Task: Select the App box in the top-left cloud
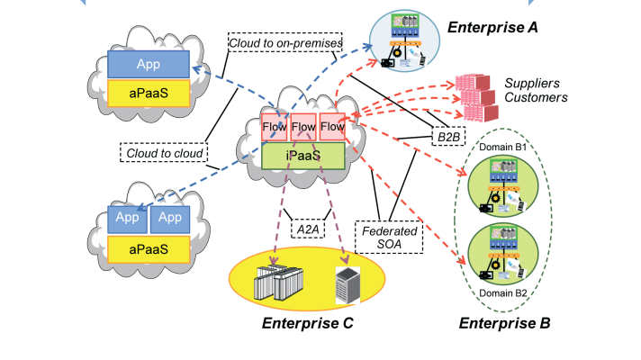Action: pos(149,65)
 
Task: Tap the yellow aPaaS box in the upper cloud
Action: pos(149,93)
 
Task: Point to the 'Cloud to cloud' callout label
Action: pos(163,152)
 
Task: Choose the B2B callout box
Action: pos(447,137)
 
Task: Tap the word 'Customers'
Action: pos(535,97)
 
